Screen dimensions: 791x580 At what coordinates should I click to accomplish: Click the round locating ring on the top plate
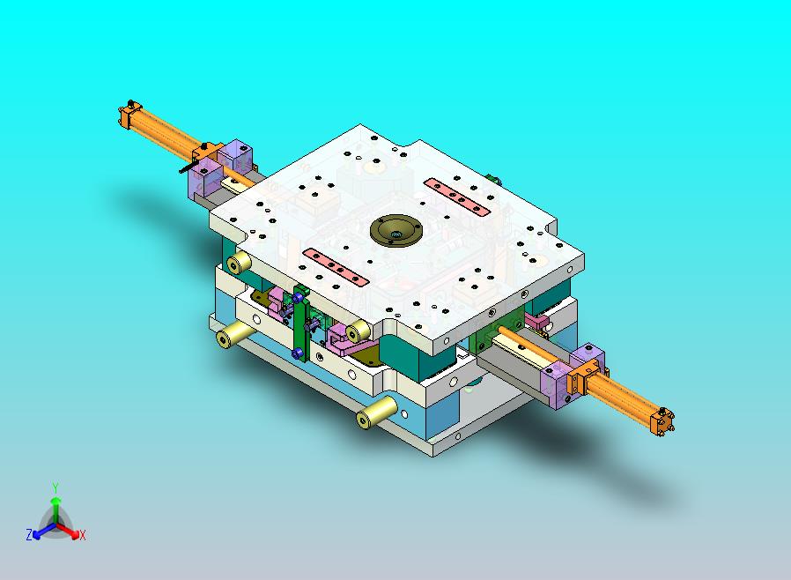396,231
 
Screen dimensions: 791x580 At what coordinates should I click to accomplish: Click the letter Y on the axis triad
55,487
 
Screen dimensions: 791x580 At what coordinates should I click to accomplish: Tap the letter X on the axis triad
82,535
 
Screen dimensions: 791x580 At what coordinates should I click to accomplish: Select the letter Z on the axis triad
29,534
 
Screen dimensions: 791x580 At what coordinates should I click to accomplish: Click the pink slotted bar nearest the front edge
336,267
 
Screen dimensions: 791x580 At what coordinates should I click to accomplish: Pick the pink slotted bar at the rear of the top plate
457,197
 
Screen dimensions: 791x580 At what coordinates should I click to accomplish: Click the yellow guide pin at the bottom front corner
376,412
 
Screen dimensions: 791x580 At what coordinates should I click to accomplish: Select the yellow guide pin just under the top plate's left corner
239,263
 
